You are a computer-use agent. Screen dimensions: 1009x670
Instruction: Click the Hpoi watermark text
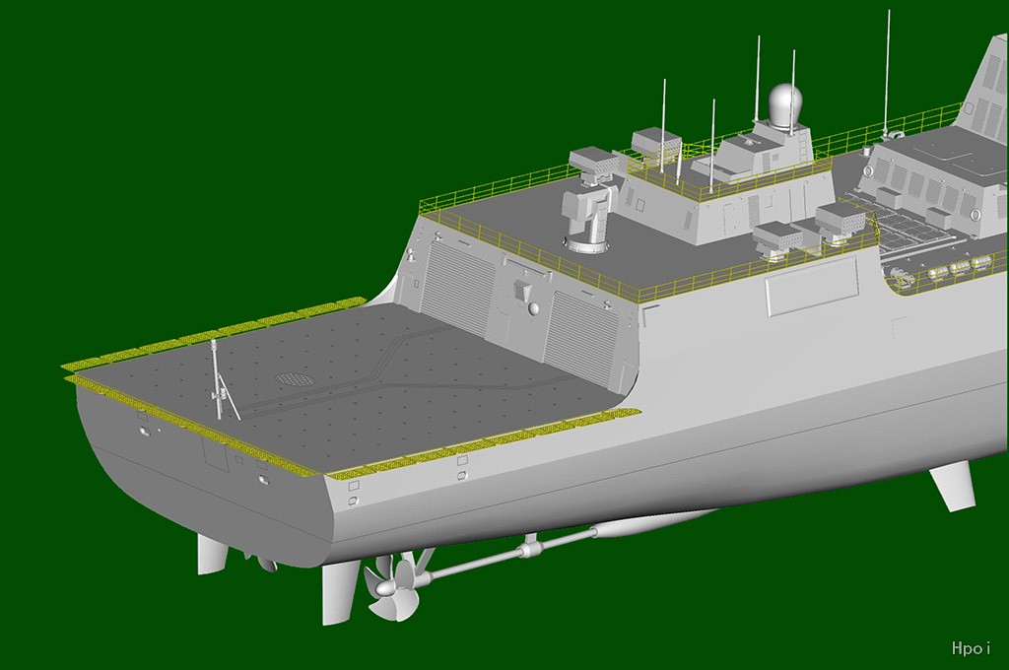tap(971, 647)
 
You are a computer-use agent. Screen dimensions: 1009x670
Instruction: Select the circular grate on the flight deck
tap(293, 377)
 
